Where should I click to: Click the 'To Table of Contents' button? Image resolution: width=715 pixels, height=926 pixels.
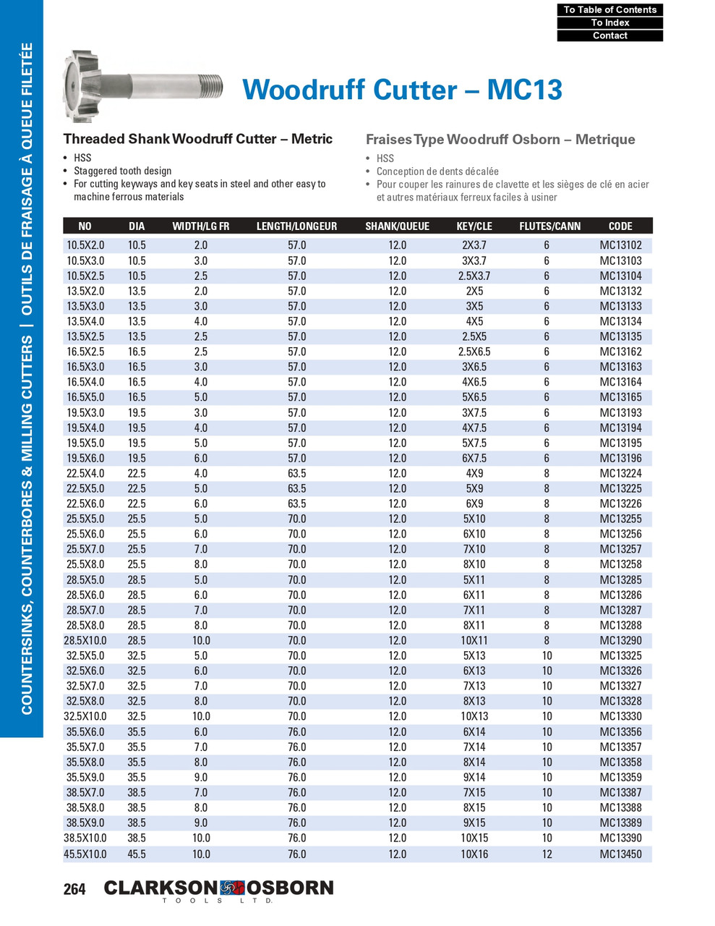(609, 9)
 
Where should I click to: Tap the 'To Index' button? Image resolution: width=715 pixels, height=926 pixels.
(609, 22)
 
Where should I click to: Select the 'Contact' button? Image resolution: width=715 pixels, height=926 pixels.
(609, 35)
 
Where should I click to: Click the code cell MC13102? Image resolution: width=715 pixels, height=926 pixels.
(620, 245)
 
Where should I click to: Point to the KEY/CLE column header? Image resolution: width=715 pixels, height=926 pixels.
(474, 226)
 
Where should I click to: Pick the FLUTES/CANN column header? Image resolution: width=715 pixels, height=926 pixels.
(549, 226)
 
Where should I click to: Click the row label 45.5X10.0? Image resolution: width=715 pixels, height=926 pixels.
(86, 854)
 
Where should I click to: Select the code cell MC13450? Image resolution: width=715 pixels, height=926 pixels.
(620, 854)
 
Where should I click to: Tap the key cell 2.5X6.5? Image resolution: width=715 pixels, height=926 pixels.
(474, 352)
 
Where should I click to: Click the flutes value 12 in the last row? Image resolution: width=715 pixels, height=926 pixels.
(547, 854)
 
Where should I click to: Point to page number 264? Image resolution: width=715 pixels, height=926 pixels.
(74, 890)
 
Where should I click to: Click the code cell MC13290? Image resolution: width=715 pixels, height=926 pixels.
(620, 641)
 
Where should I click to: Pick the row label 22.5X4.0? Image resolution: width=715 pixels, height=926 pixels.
(86, 473)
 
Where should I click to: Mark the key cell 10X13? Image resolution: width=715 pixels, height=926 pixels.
(474, 717)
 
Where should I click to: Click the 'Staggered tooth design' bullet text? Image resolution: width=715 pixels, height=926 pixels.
(122, 171)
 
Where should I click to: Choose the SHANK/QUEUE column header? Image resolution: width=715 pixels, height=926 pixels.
(397, 226)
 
